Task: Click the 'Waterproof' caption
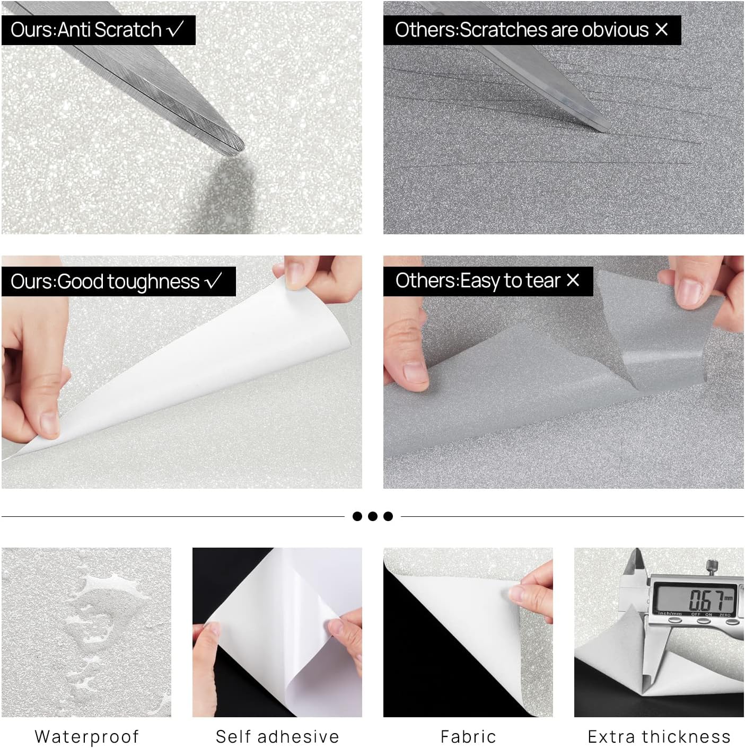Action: pyautogui.click(x=86, y=736)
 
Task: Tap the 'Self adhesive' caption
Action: pyautogui.click(x=277, y=736)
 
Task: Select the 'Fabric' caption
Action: pyautogui.click(x=468, y=736)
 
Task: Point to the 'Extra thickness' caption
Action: pyautogui.click(x=659, y=736)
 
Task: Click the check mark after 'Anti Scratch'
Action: pyautogui.click(x=175, y=29)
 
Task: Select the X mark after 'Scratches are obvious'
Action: pyautogui.click(x=661, y=29)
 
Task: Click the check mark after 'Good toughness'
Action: pyautogui.click(x=213, y=281)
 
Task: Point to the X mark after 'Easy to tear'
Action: pyautogui.click(x=573, y=280)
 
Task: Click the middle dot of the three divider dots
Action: pyautogui.click(x=373, y=516)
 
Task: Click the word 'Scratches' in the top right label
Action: pyautogui.click(x=494, y=30)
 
